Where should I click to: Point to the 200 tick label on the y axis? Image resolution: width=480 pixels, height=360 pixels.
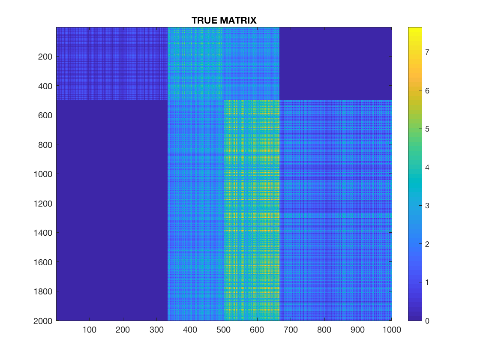coord(45,57)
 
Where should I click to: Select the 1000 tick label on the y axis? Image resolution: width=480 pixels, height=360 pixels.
coord(43,174)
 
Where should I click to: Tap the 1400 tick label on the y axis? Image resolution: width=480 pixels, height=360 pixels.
coord(43,233)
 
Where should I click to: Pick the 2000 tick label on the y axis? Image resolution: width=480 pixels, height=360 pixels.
coord(43,321)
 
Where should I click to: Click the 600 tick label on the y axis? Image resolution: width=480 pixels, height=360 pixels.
coord(45,115)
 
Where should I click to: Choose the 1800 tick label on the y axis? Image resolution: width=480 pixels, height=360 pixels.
coord(43,291)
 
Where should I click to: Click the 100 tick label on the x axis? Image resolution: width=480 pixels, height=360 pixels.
coord(90,330)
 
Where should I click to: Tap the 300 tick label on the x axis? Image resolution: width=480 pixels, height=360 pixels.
coord(156,330)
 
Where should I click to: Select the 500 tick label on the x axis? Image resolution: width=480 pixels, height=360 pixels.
coord(223,330)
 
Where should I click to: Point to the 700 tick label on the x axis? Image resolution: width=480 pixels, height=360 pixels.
coord(291,330)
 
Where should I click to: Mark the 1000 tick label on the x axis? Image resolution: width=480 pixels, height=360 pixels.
coord(392,330)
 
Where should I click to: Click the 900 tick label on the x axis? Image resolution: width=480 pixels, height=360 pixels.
coord(357,330)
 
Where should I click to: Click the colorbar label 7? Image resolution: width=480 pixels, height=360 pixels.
coord(427,52)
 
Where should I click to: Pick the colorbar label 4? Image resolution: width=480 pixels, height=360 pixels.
coord(427,168)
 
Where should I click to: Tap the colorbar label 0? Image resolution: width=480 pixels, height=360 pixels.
coord(427,321)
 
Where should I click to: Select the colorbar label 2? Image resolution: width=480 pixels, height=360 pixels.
coord(427,244)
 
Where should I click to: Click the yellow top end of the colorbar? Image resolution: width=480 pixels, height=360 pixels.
coord(415,28)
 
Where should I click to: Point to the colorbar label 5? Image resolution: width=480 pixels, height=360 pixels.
coord(427,129)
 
